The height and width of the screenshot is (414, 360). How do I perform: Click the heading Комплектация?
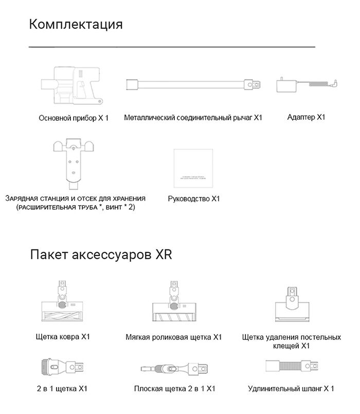point(76,24)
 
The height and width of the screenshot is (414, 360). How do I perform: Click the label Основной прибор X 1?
point(74,118)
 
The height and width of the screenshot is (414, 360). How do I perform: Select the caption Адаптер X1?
point(307,117)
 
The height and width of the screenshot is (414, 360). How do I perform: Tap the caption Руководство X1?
point(194,198)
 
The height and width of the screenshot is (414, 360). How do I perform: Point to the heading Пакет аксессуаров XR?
point(100,255)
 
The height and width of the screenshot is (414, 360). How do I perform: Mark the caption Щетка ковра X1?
point(61,337)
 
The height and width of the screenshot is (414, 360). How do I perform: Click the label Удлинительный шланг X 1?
point(291,389)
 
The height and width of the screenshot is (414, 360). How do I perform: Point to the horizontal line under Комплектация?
point(172,47)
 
